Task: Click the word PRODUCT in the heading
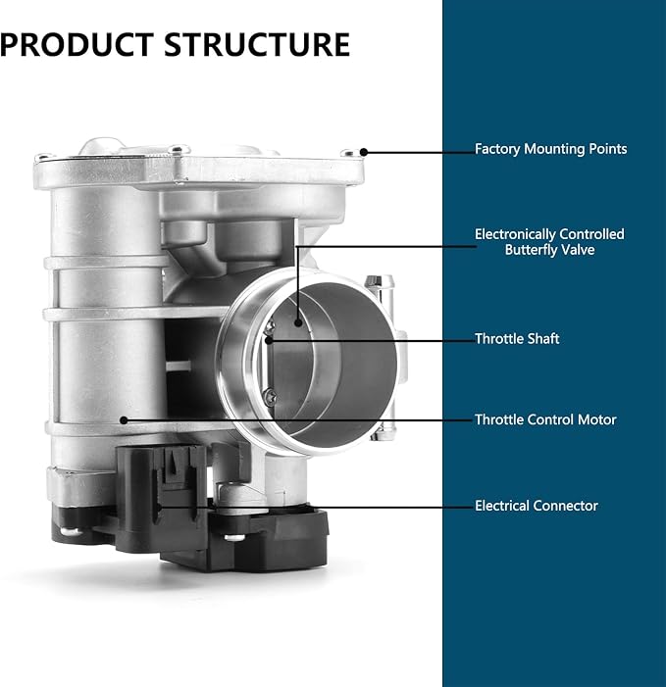[x=77, y=45]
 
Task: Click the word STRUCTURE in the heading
[x=257, y=45]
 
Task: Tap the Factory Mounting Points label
[x=550, y=149]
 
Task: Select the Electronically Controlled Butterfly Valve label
[x=549, y=242]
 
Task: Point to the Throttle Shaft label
[x=517, y=339]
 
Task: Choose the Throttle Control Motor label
[x=545, y=419]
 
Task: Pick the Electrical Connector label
[x=537, y=506]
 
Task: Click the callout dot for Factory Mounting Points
[x=364, y=152]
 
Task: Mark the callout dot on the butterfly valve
[x=298, y=322]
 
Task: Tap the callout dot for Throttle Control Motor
[x=124, y=420]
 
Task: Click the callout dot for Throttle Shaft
[x=269, y=340]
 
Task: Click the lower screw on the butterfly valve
[x=271, y=396]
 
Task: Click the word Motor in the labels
[x=596, y=419]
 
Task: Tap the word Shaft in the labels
[x=542, y=339]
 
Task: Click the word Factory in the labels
[x=497, y=149]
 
